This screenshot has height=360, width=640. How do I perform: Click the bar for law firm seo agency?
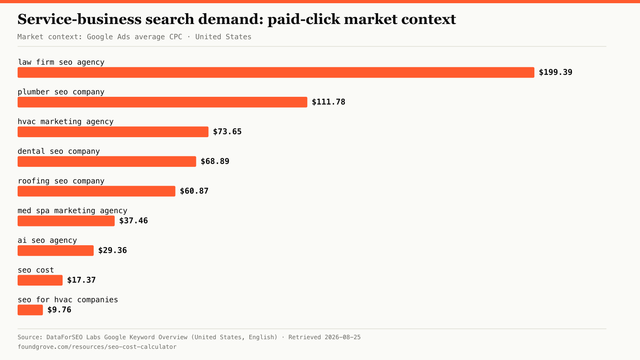click(276, 72)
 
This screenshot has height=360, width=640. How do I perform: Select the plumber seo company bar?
click(162, 102)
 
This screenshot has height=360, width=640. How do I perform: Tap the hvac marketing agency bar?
click(113, 132)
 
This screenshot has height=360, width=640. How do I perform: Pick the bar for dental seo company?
click(107, 162)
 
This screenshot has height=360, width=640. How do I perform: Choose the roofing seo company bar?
click(96, 191)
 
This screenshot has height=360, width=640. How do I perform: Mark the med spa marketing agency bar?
click(66, 221)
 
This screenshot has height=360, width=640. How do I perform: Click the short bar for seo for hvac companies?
click(30, 310)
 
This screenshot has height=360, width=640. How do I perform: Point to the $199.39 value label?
click(556, 72)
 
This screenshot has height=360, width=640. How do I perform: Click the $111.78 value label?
click(328, 102)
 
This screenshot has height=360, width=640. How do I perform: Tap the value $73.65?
click(228, 132)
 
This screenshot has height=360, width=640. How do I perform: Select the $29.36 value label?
click(112, 250)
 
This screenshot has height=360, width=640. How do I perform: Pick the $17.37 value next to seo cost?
click(82, 280)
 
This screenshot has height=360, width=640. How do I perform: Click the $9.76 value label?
click(59, 310)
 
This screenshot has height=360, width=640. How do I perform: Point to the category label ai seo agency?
click(47, 240)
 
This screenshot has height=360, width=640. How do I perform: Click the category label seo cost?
click(36, 270)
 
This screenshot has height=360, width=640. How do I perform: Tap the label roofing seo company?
click(61, 181)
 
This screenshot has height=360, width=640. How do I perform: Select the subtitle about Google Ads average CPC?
click(134, 37)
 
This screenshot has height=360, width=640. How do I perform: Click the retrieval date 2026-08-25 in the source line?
click(342, 337)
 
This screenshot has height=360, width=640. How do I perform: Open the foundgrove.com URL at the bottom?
click(97, 347)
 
